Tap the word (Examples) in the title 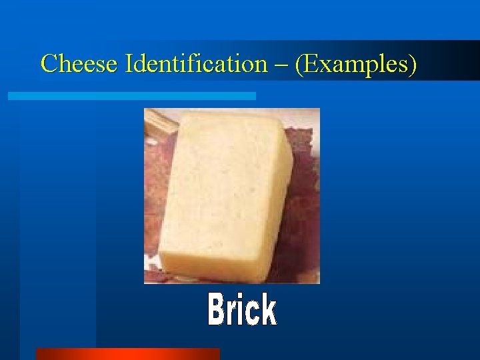(356, 64)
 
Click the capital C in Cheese (48, 64)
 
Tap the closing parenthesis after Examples (413, 65)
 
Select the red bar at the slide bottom (127, 353)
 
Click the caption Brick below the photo (242, 310)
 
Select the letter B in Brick (217, 310)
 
